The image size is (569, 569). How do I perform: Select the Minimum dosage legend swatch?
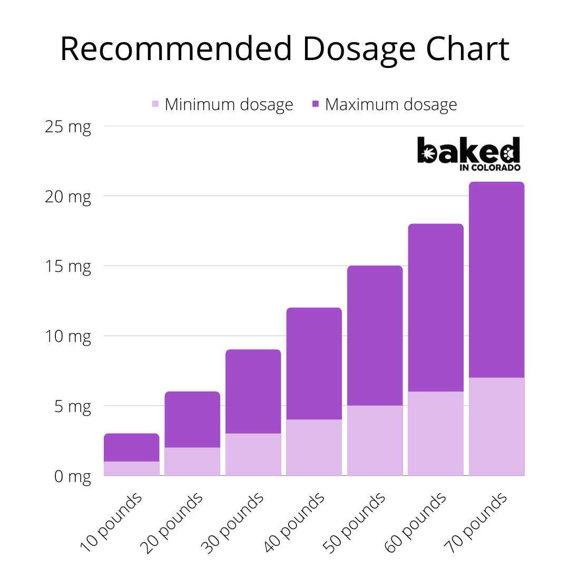coord(155,104)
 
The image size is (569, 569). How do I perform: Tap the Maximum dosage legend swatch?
coord(316,104)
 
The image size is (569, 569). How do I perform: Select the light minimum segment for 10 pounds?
coord(132,468)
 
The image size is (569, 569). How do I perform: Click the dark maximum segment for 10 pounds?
coord(132,447)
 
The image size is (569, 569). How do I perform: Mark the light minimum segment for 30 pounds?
coord(253,454)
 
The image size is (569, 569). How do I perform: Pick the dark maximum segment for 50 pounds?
coord(375,336)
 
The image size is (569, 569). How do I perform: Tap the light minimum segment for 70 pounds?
coord(496,426)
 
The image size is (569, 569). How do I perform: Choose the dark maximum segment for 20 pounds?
coord(192,419)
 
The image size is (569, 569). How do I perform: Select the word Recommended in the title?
coord(175,49)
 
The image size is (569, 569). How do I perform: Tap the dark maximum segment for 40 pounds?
coord(314,364)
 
